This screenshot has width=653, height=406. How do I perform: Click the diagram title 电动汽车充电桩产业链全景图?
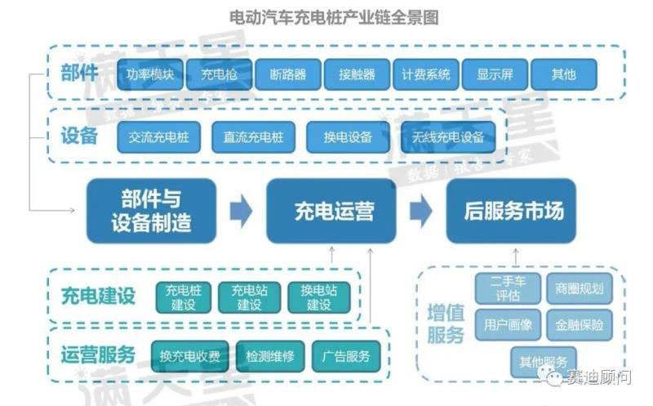pos(326,17)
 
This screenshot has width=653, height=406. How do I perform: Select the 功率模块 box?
pos(150,74)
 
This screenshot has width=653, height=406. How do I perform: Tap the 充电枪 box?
pos(219,74)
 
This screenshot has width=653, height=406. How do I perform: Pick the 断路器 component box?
pos(287,74)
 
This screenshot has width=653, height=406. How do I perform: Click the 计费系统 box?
pos(425,74)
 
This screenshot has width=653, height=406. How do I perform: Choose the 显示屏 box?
pos(495,74)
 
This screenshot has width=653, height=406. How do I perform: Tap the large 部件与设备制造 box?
pos(151,211)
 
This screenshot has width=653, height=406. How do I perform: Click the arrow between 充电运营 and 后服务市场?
pos(420,211)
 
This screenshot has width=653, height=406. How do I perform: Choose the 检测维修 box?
pos(269,355)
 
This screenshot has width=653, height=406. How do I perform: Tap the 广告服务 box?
pos(346,355)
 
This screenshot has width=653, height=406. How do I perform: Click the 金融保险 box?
pos(580,324)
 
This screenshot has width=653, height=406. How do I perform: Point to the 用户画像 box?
pos(508,324)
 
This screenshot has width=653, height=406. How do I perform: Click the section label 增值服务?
pos(446,324)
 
